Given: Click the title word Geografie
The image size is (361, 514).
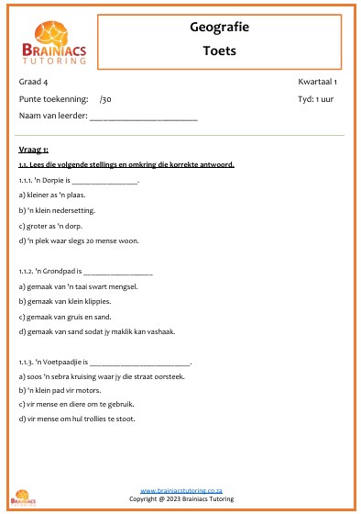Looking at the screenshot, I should tap(219, 28).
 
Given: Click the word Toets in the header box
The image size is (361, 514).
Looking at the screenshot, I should tap(219, 50).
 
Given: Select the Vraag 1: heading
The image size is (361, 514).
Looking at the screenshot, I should tap(33, 149).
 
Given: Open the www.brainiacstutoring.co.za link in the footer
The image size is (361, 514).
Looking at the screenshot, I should tap(180, 492).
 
